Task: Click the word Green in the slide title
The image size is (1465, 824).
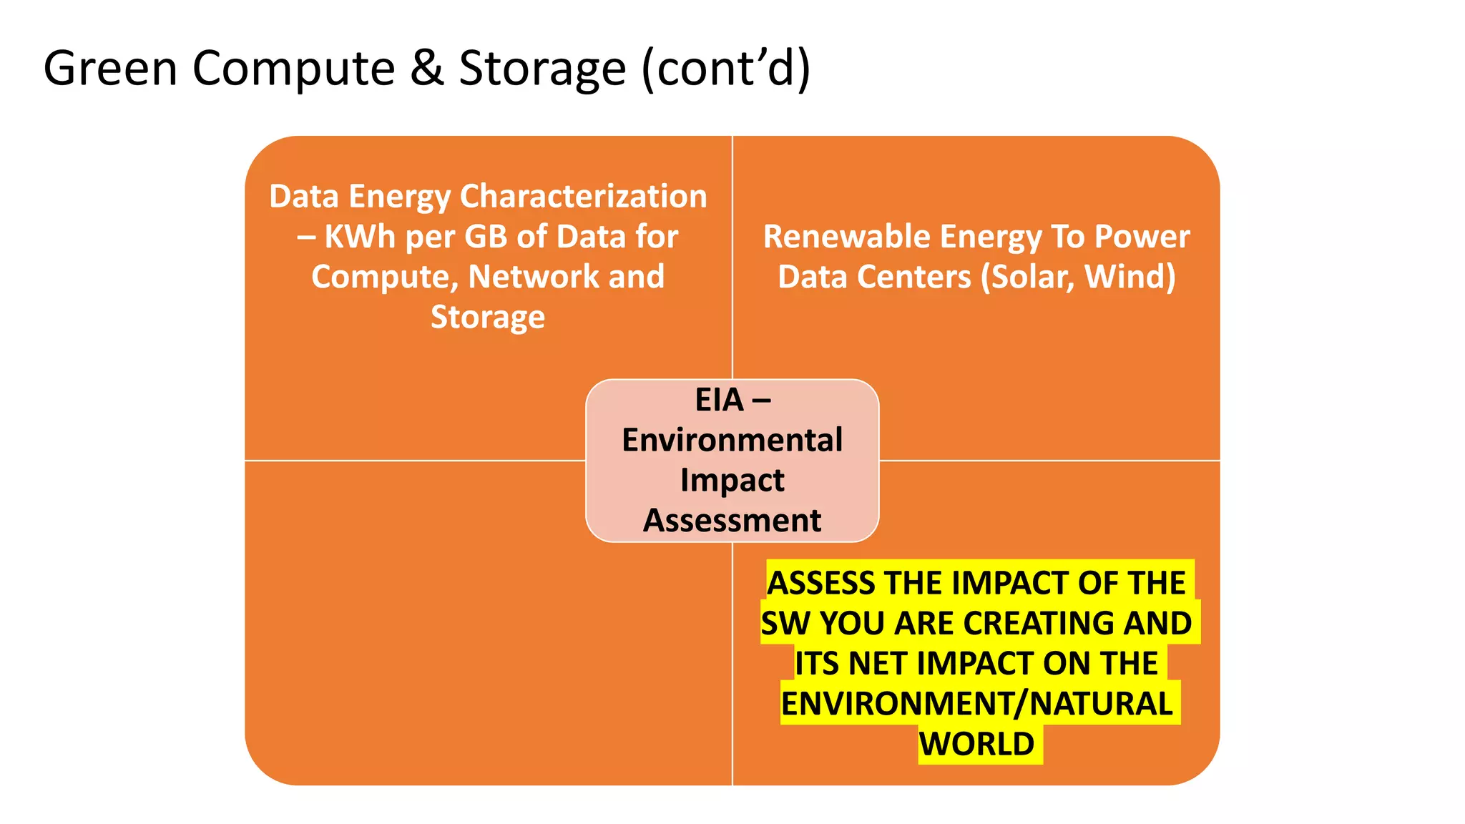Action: click(x=110, y=69)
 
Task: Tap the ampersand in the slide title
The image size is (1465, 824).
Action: click(x=427, y=69)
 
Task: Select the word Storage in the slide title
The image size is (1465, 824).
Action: click(x=542, y=69)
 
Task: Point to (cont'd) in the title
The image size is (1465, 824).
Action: click(x=725, y=69)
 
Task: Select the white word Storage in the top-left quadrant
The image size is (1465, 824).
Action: click(x=488, y=317)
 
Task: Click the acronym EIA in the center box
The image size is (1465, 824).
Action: click(x=720, y=400)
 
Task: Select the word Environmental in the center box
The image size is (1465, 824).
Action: click(x=732, y=440)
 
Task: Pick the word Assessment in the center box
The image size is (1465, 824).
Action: click(x=732, y=520)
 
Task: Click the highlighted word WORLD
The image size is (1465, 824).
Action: click(x=977, y=744)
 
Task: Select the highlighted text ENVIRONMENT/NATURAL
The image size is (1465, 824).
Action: click(x=977, y=704)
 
